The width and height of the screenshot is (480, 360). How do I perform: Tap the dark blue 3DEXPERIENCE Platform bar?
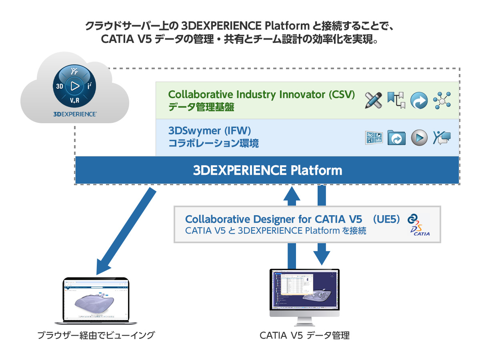pyautogui.click(x=267, y=170)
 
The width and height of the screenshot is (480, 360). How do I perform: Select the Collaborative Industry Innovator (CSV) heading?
pyautogui.click(x=262, y=95)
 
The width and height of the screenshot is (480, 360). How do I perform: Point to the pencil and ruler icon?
pyautogui.click(x=374, y=100)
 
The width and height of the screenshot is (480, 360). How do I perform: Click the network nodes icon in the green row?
pyautogui.click(x=442, y=100)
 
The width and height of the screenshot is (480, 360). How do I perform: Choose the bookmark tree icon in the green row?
pyautogui.click(x=396, y=100)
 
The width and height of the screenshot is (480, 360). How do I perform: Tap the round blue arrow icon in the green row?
pyautogui.click(x=419, y=100)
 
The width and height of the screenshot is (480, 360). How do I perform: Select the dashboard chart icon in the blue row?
pyautogui.click(x=374, y=138)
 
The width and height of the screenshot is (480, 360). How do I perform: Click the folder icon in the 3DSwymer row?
pyautogui.click(x=396, y=138)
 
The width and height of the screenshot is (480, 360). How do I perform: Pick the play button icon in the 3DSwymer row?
pyautogui.click(x=419, y=138)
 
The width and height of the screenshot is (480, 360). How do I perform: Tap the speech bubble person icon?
pyautogui.click(x=442, y=138)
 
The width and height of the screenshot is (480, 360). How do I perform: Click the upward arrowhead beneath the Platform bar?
pyautogui.click(x=292, y=194)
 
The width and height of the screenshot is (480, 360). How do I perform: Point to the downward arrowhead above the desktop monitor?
pyautogui.click(x=321, y=256)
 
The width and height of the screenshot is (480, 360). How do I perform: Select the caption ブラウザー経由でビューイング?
pyautogui.click(x=96, y=335)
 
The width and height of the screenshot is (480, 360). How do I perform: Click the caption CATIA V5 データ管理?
pyautogui.click(x=304, y=336)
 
